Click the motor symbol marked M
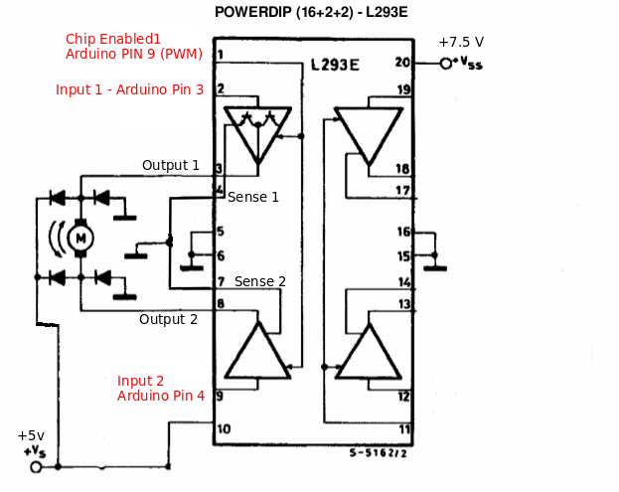coord(79,237)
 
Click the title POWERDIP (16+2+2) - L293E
coord(311,13)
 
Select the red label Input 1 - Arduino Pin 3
coord(129,89)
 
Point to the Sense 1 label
coord(253,197)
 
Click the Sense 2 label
coord(260,281)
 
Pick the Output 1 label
coord(170,165)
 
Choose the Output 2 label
coord(168,319)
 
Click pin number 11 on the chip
coord(403,429)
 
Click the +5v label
coord(31,435)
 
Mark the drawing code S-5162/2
coord(378,452)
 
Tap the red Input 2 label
coord(140,381)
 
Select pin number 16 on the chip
coord(403,232)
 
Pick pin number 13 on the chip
coord(403,304)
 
